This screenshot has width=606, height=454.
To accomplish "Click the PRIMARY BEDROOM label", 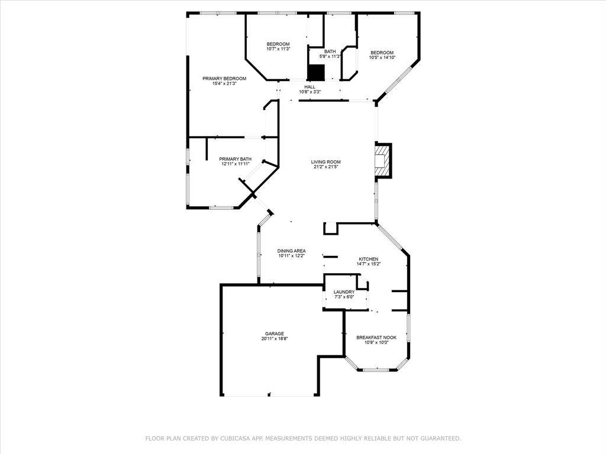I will pos(224,79).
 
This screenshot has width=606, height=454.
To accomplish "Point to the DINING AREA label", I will pos(291,251).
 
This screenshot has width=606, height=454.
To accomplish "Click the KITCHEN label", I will pos(368,259).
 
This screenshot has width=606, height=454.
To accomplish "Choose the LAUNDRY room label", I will pos(344,292).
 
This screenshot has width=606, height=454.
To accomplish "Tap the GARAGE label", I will pos(275,333).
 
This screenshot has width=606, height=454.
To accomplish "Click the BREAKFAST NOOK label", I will pos(376,338).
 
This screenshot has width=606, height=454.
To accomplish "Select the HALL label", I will pos(310,87).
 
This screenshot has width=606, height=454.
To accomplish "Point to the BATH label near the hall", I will pos(330,51).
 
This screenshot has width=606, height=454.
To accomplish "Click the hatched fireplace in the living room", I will pos(383,160).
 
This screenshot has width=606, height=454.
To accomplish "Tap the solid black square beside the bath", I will pos(316,72).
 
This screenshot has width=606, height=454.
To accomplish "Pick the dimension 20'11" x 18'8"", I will pos(275,339).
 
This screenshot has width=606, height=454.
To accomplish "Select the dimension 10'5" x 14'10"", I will pos(382,58).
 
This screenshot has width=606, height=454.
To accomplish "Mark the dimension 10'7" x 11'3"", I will pos(278,49).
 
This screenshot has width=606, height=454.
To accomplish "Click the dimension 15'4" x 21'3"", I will pos(224,83).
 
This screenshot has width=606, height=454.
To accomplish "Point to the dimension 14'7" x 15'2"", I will pos(368,264).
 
